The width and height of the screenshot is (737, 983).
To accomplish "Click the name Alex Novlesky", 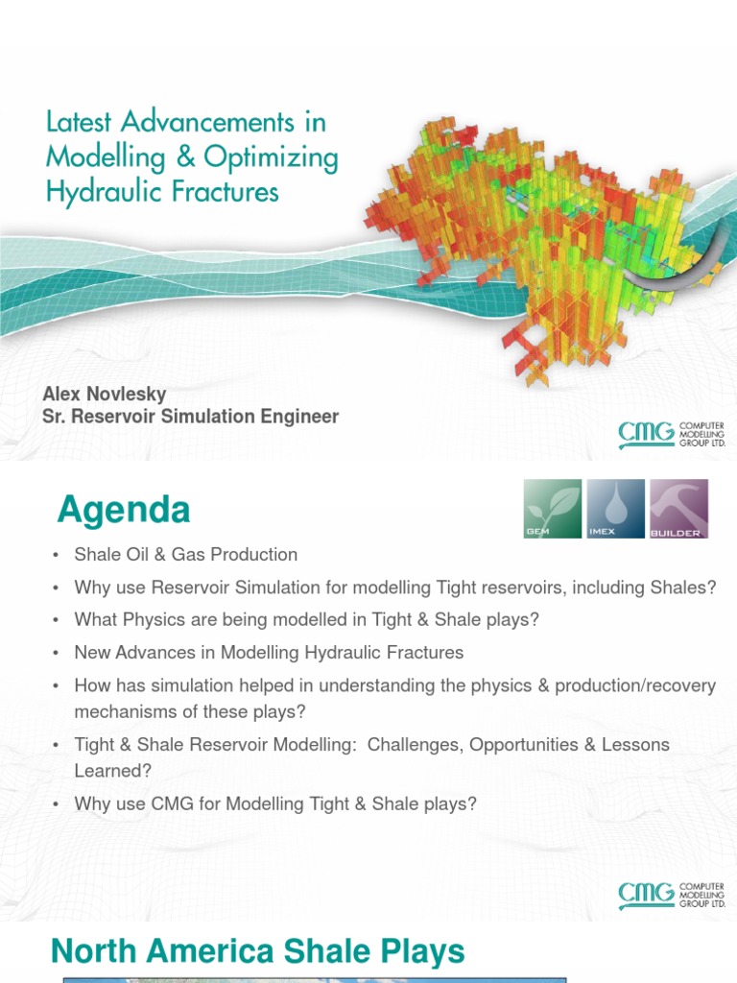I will click(105, 395).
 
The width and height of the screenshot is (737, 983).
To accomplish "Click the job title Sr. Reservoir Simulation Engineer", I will click(191, 417).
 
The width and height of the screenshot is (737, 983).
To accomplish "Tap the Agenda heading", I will click(123, 510).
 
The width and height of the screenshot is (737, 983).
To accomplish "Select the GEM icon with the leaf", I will click(552, 509).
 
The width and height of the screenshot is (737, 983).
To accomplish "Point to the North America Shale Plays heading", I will click(257, 952).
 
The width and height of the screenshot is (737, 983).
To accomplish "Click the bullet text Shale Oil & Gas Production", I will click(186, 555).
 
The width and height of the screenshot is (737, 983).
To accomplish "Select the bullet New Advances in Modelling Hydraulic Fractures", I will click(269, 653).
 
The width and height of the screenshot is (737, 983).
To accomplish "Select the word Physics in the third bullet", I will click(152, 620).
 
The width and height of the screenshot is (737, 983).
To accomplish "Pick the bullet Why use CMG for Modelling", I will click(275, 804).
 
